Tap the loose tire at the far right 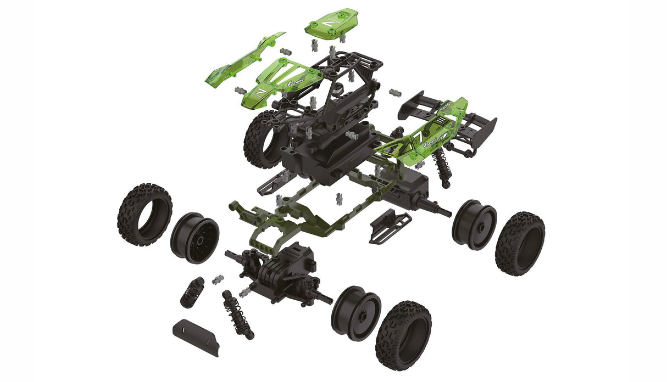coord(519,243)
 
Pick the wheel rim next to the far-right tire coord(474,224)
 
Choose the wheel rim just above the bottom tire coord(355,313)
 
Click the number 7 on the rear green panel coord(418,136)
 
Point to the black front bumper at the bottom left coord(194,335)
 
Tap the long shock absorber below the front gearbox coord(234,313)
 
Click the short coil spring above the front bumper coord(192,291)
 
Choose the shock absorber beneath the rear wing coord(440,165)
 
